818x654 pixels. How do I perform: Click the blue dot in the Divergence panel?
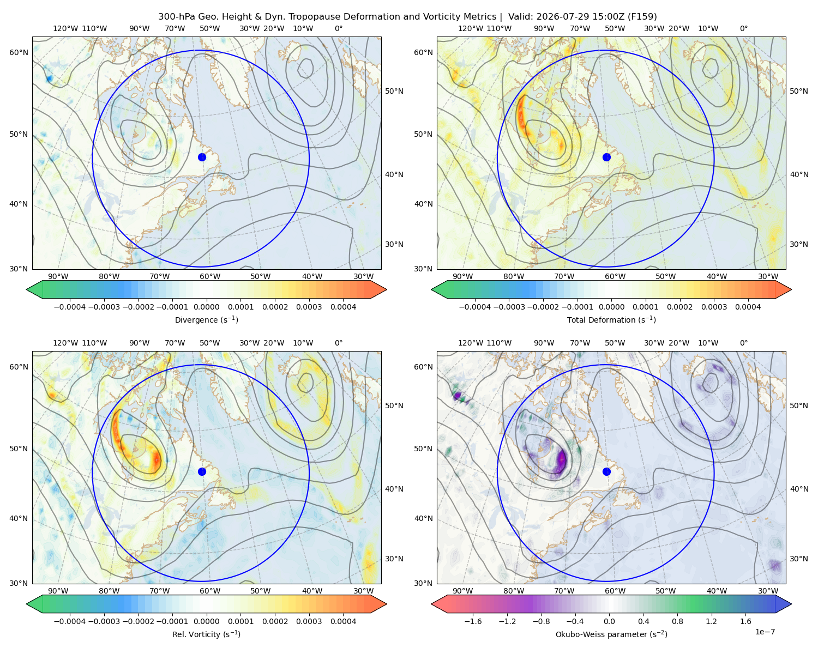click(202, 158)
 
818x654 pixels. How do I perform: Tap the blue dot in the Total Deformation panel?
click(606, 158)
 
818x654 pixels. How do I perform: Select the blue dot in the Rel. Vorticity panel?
click(202, 471)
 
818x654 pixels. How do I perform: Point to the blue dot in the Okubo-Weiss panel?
click(606, 471)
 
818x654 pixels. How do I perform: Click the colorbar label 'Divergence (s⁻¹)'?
click(206, 320)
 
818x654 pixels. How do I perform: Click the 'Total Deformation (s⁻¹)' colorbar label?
click(611, 320)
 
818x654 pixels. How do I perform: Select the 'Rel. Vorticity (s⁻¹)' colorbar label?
click(206, 634)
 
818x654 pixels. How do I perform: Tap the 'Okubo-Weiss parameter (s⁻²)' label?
click(611, 634)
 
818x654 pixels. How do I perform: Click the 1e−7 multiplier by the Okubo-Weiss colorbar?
click(765, 632)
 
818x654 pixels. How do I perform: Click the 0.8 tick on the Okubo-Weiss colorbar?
click(677, 621)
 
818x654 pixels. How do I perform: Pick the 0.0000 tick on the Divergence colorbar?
click(206, 307)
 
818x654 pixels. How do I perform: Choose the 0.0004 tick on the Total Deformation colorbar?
click(748, 307)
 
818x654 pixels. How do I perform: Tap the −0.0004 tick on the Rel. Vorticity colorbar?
click(70, 621)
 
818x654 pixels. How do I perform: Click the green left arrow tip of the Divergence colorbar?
click(27, 289)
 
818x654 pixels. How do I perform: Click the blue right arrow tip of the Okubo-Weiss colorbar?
click(791, 604)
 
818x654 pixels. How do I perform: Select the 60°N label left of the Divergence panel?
click(19, 52)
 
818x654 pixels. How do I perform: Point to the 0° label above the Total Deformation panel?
click(743, 28)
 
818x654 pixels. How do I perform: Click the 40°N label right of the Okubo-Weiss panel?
click(799, 489)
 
